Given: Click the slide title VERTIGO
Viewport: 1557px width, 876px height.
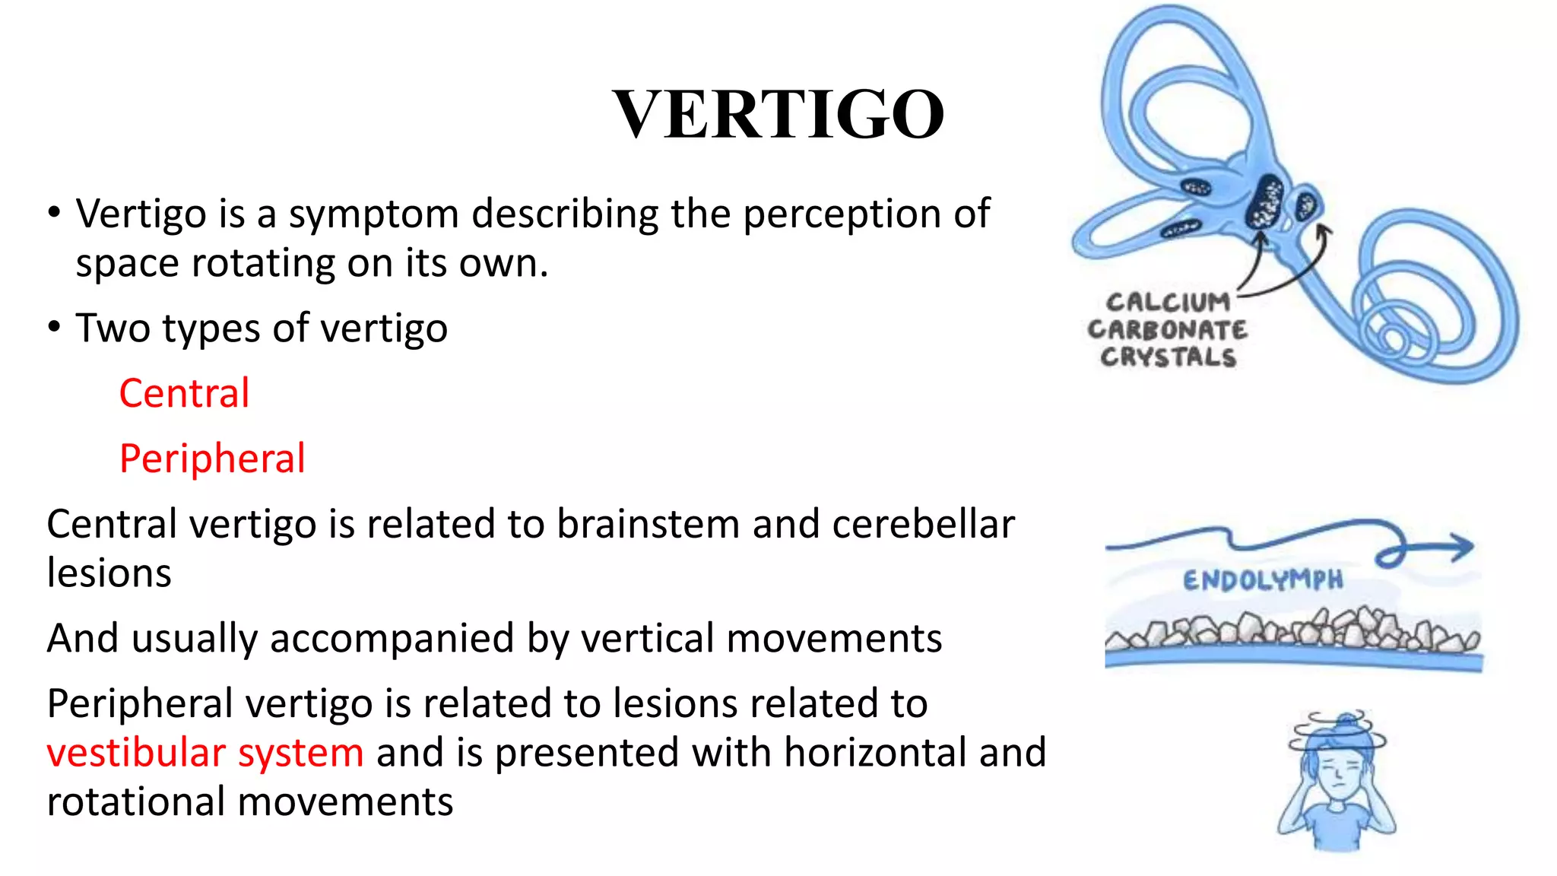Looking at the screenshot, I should point(778,115).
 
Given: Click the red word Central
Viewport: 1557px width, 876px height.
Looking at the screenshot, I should point(184,394).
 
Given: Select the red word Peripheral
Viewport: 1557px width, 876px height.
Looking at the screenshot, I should point(212,459).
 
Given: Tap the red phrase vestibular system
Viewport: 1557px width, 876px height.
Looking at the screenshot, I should point(205,753).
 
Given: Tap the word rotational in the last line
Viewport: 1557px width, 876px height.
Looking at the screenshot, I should point(137,802).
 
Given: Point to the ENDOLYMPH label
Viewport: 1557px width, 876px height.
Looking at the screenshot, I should point(1263,581).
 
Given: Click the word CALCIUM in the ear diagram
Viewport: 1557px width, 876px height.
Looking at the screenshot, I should point(1168,303).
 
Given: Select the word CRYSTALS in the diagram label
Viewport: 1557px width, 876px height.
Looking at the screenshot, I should point(1168,357).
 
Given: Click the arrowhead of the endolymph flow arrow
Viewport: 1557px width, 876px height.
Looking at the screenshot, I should point(1461,547).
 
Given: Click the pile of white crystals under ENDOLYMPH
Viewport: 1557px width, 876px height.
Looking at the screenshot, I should point(1292,631).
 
